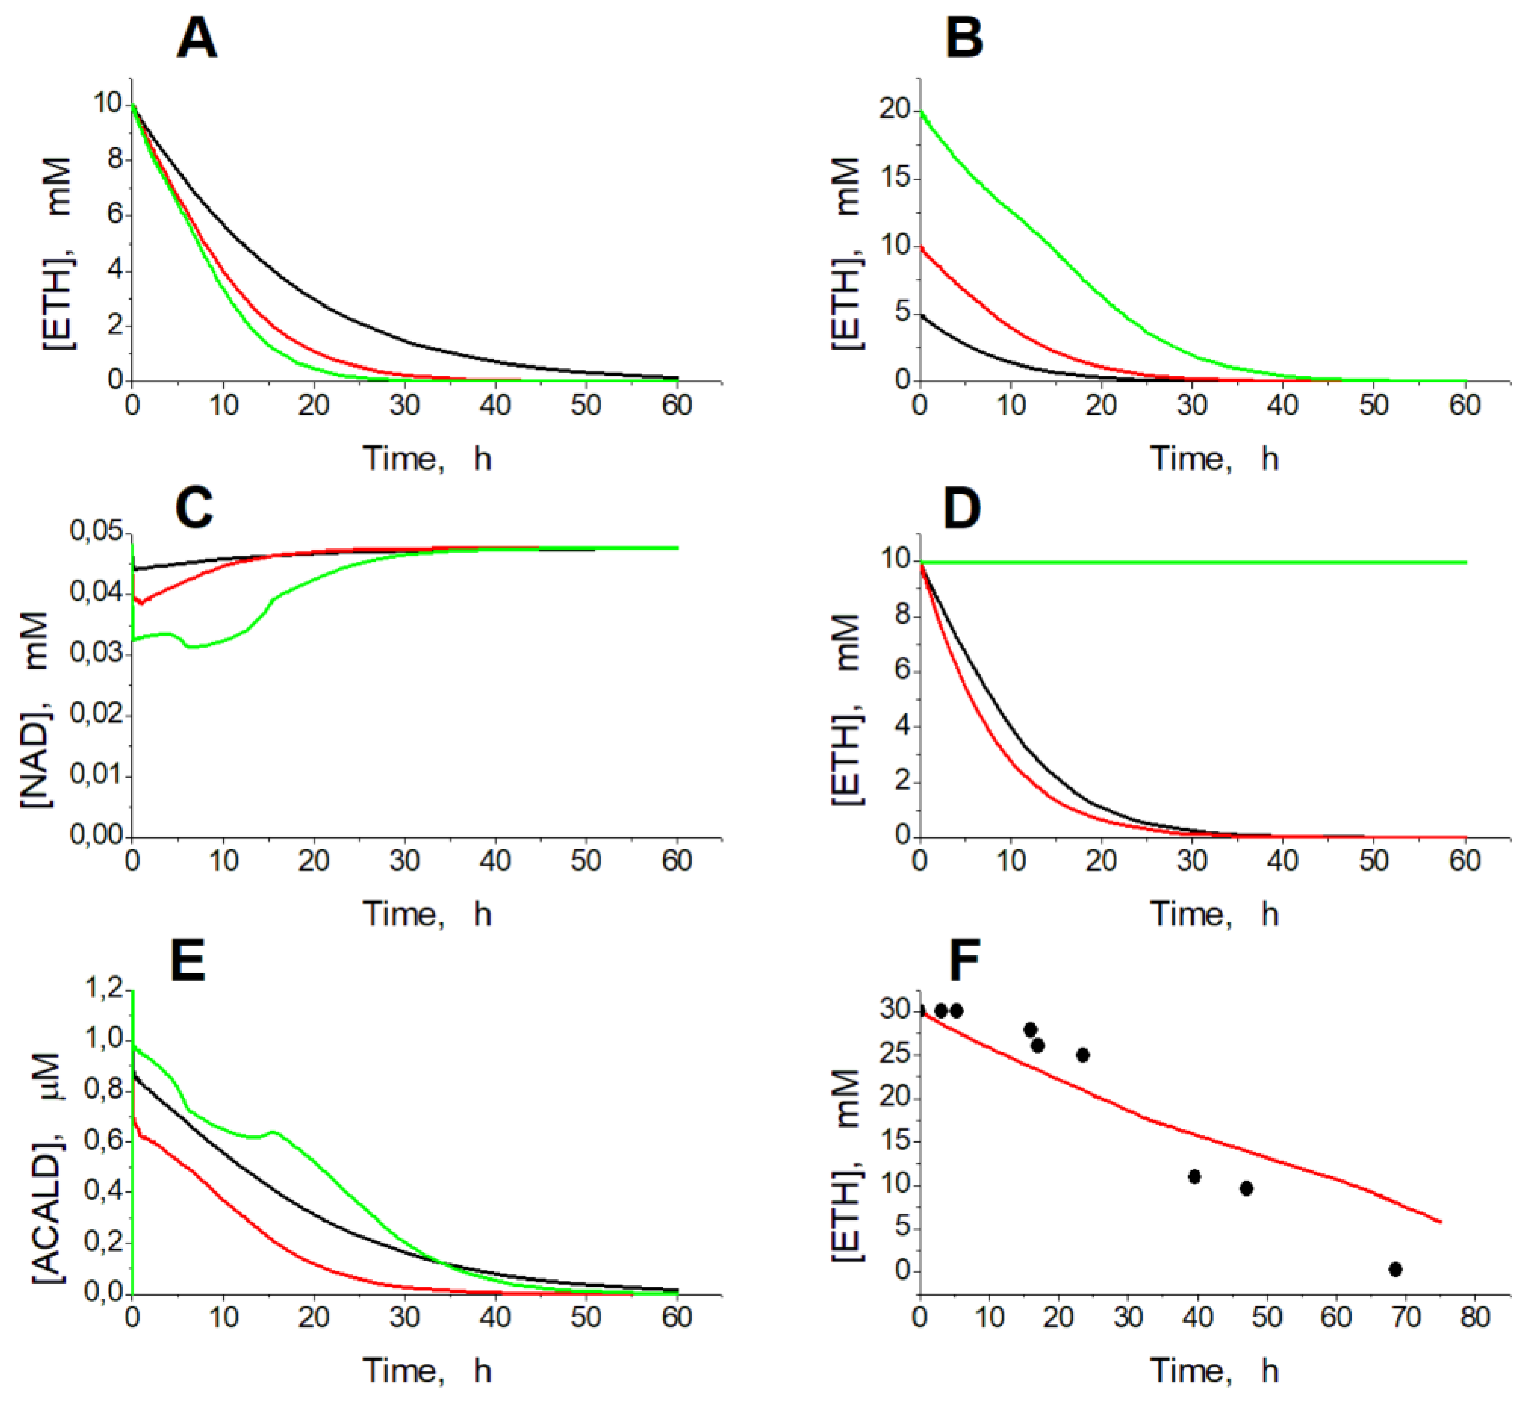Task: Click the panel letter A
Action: pyautogui.click(x=197, y=39)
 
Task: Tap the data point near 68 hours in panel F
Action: pyautogui.click(x=1395, y=1270)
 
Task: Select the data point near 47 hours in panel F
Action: pyautogui.click(x=1246, y=1188)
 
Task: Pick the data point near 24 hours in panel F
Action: pyautogui.click(x=1083, y=1055)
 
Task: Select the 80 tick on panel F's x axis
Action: pyautogui.click(x=1475, y=1316)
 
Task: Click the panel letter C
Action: pyautogui.click(x=194, y=508)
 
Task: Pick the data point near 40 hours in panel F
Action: pyautogui.click(x=1195, y=1176)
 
